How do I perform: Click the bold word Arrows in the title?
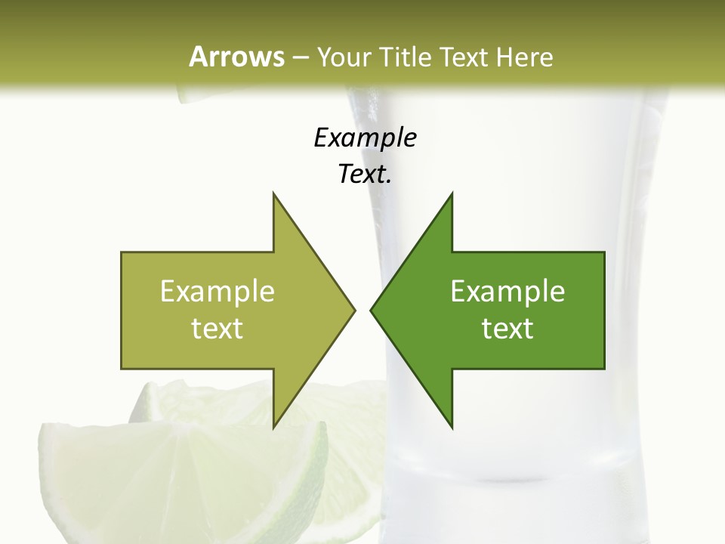(x=236, y=57)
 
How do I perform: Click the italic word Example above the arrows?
(x=365, y=138)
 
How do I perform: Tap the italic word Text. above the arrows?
(x=365, y=175)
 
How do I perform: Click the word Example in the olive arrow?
(x=217, y=291)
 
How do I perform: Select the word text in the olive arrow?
(x=217, y=329)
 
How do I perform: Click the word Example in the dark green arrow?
(x=507, y=291)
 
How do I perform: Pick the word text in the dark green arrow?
(x=507, y=329)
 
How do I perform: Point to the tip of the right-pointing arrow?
(x=353, y=310)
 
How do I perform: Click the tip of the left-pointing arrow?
(x=372, y=310)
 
